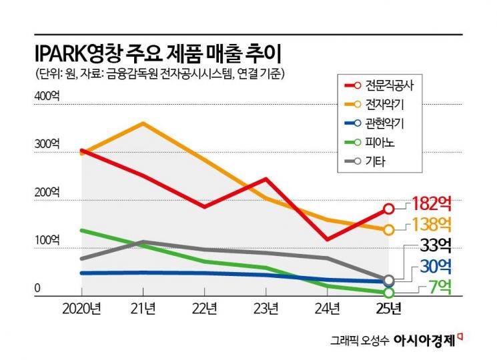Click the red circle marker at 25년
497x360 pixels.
click(x=389, y=209)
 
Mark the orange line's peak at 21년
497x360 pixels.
click(x=143, y=123)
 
